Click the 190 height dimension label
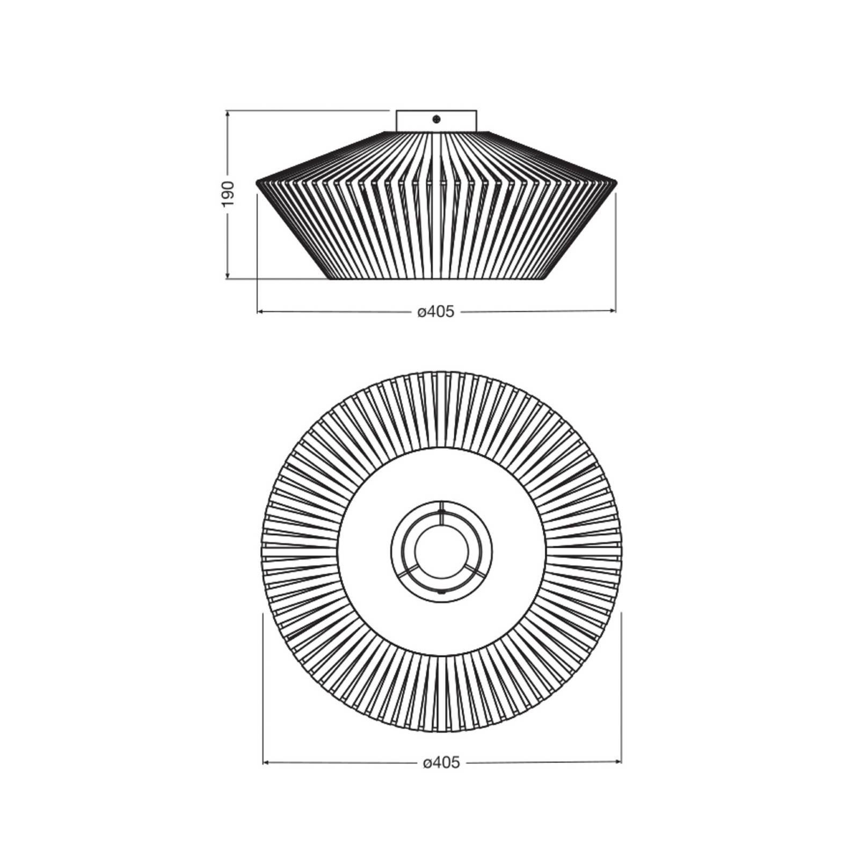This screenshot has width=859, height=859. tap(228, 194)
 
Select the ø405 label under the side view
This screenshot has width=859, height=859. tap(436, 311)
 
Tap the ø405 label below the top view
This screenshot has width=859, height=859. tap(441, 762)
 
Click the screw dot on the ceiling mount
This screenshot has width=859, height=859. tap(436, 119)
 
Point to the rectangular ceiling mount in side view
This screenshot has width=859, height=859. tap(436, 121)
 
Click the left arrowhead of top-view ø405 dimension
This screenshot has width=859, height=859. tap(267, 762)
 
